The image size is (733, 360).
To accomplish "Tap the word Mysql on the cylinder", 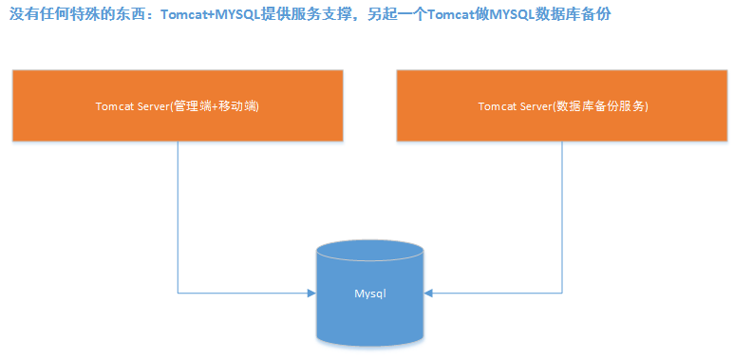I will coord(370,294).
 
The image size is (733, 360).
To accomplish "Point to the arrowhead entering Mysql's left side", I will coord(311,294).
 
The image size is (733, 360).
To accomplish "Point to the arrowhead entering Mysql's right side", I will coord(429,294).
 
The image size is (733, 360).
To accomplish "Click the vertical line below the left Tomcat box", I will coord(178,209).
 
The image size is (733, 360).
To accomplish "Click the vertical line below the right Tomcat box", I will coord(563,209).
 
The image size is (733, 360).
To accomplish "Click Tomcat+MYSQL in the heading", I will coord(203,16).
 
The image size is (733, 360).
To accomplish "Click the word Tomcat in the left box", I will coord(114,106).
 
